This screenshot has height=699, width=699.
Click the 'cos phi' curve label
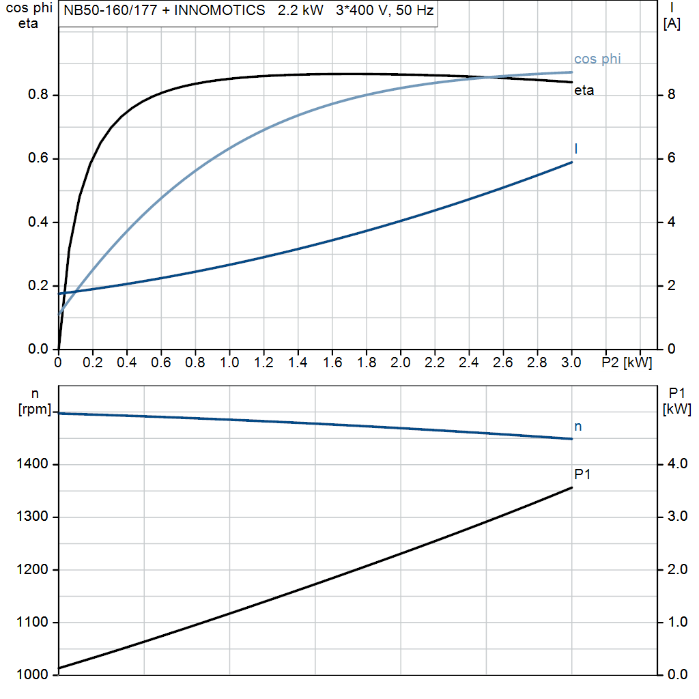point(597,59)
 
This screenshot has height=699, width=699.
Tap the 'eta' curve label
point(584,90)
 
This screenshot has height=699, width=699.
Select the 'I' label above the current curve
point(577,148)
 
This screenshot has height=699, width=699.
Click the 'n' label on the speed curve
point(578,427)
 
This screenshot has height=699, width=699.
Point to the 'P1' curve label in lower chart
point(582,474)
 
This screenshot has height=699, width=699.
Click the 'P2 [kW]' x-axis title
point(627,362)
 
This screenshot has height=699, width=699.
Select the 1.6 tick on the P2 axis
point(332,362)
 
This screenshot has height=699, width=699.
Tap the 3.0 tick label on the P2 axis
point(571,362)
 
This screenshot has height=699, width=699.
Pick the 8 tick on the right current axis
point(671,95)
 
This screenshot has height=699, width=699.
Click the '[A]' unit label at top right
point(672,24)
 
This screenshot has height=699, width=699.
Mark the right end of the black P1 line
point(571,487)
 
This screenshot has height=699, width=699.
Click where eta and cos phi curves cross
point(489,77)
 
